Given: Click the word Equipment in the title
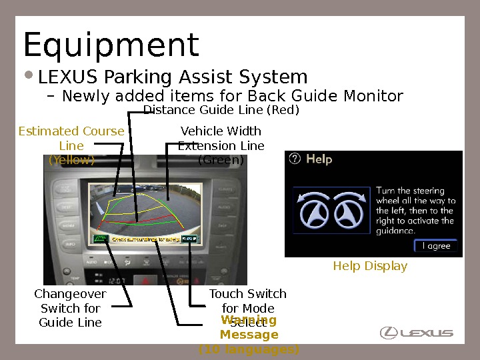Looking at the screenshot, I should point(111,45).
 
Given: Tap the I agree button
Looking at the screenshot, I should point(436,246).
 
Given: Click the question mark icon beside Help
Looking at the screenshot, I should point(295,159).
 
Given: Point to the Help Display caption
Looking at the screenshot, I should point(370,266).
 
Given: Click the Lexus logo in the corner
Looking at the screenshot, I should point(417,332).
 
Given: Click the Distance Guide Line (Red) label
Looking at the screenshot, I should point(221,109).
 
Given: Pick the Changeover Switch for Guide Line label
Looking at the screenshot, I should point(70,308).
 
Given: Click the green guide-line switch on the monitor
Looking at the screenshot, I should point(101,239).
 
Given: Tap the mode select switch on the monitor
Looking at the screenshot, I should point(189,238).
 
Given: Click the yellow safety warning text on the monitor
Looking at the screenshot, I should point(145,239).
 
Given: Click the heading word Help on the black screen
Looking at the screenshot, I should point(319,159).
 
